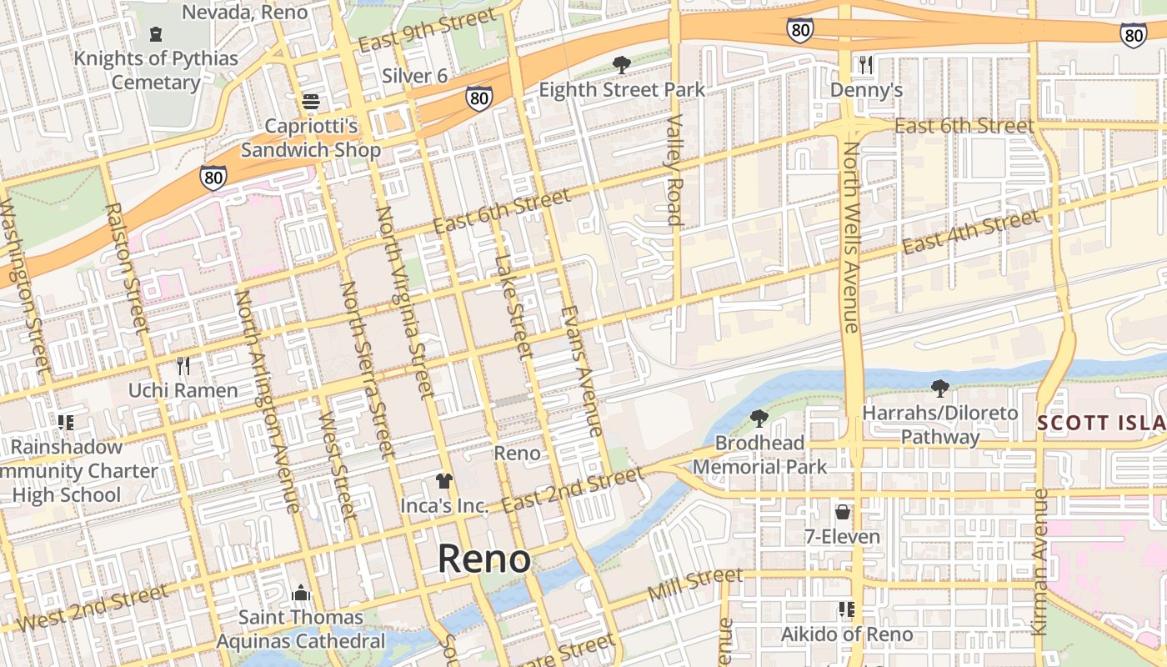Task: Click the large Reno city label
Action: [484, 559]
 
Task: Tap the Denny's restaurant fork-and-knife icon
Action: [866, 64]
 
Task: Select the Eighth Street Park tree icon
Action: [621, 64]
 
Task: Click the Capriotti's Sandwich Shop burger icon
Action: [311, 102]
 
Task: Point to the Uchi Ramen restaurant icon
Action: [183, 365]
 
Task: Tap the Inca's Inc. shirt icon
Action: [443, 481]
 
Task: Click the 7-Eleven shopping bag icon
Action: [843, 511]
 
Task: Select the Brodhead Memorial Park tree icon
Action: [759, 419]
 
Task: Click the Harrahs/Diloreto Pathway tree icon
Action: [940, 388]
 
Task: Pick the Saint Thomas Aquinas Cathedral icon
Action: [301, 593]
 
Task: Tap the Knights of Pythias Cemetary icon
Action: [155, 34]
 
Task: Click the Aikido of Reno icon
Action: [846, 609]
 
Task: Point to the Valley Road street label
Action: [674, 171]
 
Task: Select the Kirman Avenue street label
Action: [1039, 563]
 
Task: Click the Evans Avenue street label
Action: [581, 371]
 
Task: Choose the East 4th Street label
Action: [971, 232]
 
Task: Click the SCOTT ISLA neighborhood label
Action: [1100, 423]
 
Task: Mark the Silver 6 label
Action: [414, 76]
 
